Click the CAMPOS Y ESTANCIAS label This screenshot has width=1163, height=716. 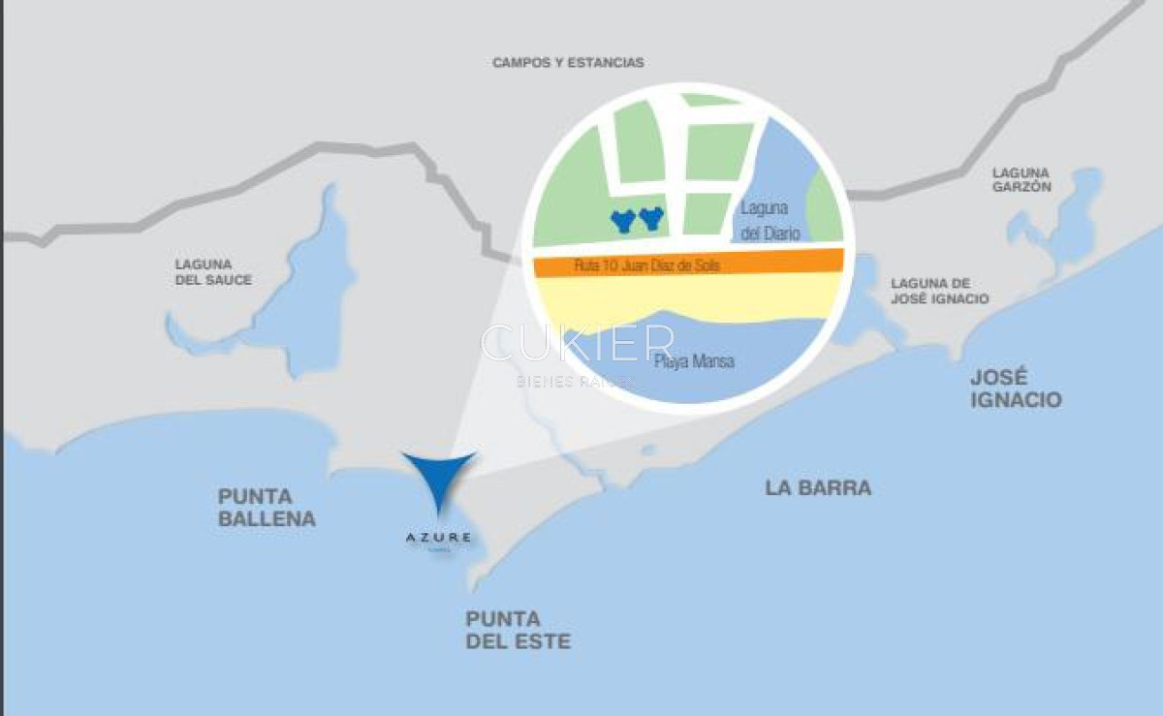click(568, 63)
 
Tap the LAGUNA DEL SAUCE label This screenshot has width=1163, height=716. click(213, 271)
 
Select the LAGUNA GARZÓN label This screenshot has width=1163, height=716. click(1022, 179)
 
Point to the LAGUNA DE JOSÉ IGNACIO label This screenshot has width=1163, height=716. click(940, 291)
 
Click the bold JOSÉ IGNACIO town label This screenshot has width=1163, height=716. click(1015, 389)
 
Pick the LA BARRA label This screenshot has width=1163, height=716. click(818, 488)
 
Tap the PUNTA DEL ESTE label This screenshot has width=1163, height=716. click(518, 630)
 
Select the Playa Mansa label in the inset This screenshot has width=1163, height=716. click(694, 362)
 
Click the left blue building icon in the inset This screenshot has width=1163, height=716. click(622, 221)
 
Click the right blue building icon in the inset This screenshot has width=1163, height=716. click(650, 218)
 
